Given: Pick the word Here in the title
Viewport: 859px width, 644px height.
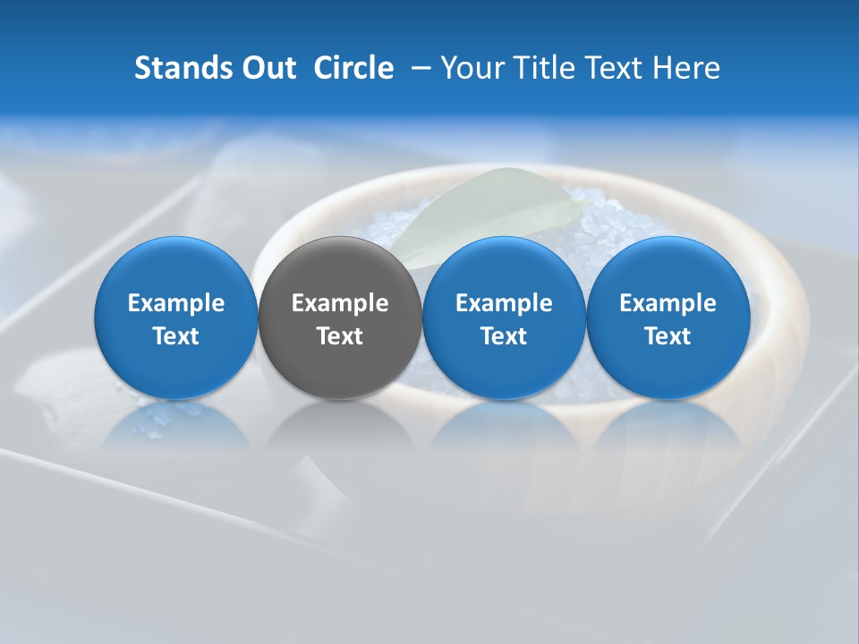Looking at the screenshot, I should (685, 68).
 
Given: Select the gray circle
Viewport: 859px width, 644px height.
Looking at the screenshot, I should (340, 318).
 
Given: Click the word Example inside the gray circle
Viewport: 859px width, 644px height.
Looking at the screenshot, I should (340, 303).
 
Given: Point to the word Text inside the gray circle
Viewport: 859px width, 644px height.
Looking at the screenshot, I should (340, 336).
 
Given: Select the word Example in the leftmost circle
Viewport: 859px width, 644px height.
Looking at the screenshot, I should (176, 303).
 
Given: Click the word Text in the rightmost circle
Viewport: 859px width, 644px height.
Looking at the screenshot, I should (668, 336).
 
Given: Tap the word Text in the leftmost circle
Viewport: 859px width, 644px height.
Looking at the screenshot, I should (176, 336).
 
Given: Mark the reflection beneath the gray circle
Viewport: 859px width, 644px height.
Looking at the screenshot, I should (340, 425).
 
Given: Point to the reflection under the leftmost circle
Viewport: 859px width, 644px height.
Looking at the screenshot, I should (176, 425).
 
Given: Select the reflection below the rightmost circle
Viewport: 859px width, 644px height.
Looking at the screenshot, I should (668, 425).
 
